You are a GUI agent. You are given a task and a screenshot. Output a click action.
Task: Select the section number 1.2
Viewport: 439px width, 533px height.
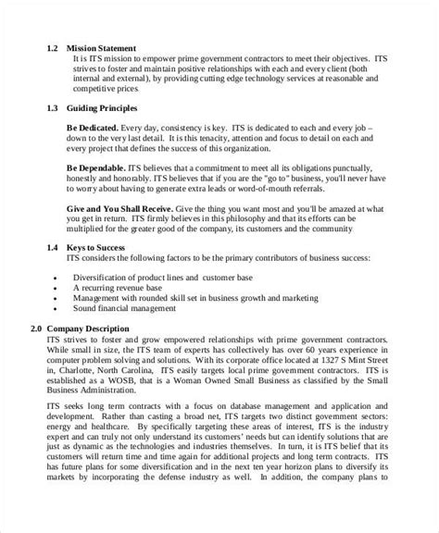(x=55, y=46)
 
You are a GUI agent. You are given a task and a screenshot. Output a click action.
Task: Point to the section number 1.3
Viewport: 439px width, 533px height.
(x=55, y=108)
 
